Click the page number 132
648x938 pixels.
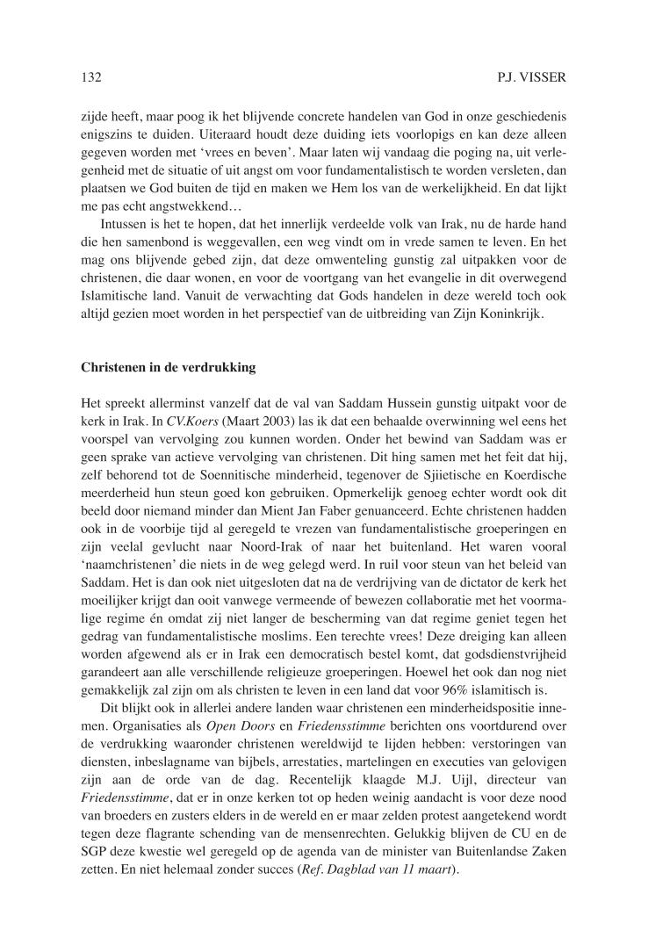91,78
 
